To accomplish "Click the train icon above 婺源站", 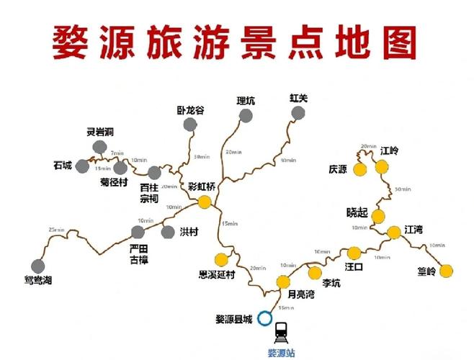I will tap(281, 330).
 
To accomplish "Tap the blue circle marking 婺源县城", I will tap(265, 317).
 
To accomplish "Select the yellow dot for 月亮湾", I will tap(284, 281).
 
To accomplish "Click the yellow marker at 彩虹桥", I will tap(205, 202).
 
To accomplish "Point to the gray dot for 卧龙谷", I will tap(189, 125).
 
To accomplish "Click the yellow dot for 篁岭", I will tap(447, 271).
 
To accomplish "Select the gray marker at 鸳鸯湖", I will tap(38, 266).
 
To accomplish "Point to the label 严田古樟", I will tap(138, 253).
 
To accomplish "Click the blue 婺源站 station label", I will tap(281, 353).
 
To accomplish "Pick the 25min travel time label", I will tap(55, 230).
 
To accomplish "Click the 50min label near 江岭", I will tap(403, 189).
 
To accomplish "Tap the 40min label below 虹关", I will tap(288, 160).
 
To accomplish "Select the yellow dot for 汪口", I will tap(354, 253).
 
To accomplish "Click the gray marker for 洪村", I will tap(168, 232).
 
